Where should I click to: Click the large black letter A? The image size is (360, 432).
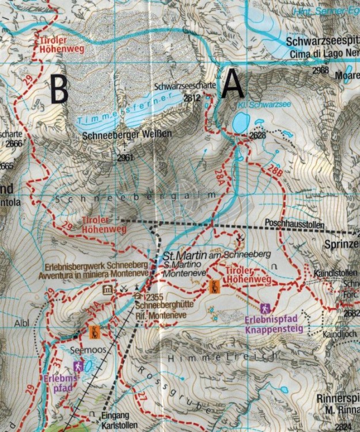(232, 85)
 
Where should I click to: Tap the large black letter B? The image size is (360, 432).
(59, 89)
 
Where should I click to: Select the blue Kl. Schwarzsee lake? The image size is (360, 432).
(240, 122)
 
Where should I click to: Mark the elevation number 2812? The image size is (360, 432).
(191, 98)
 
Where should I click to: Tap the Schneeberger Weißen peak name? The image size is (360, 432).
(127, 134)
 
